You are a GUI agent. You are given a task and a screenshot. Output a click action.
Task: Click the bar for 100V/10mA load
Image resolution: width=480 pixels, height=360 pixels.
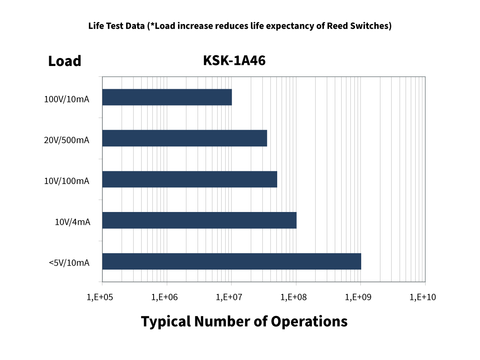(167, 97)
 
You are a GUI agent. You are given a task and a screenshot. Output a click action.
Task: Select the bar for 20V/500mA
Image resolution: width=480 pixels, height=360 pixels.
(184, 138)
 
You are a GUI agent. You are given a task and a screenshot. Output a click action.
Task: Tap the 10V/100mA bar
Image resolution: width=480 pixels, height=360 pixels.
(190, 179)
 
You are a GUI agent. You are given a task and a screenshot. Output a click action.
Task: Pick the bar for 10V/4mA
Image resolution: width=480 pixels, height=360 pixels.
(199, 220)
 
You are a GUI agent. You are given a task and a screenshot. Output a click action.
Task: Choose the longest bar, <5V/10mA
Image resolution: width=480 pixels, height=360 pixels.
(232, 261)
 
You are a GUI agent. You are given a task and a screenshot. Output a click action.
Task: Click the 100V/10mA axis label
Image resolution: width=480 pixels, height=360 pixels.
(66, 100)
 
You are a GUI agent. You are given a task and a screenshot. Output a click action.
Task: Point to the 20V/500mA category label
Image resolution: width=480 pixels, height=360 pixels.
(66, 140)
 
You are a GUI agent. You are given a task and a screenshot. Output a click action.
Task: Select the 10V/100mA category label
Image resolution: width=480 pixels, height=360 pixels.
(66, 181)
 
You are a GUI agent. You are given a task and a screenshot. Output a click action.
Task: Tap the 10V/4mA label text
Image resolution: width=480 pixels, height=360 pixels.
(72, 222)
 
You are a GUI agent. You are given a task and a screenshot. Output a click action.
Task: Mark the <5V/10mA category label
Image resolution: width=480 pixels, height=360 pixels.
(69, 263)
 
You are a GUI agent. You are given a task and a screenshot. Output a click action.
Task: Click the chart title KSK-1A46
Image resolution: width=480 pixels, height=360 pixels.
(234, 61)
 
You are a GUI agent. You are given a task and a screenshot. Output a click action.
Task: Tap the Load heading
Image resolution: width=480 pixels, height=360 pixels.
(64, 61)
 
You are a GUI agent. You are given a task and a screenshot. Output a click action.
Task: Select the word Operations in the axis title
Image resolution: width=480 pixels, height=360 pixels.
(309, 321)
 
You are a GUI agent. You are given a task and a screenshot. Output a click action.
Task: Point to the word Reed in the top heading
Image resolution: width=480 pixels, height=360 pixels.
(337, 26)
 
